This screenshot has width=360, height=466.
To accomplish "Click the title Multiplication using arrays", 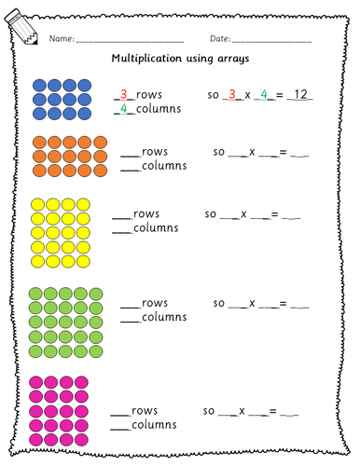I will tap(179, 58).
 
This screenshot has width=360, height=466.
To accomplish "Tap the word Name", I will tap(60, 38).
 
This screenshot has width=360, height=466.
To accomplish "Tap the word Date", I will tap(220, 38).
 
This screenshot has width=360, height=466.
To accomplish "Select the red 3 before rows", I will tap(119, 94).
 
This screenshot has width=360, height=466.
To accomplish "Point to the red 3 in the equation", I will tap(234, 94).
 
